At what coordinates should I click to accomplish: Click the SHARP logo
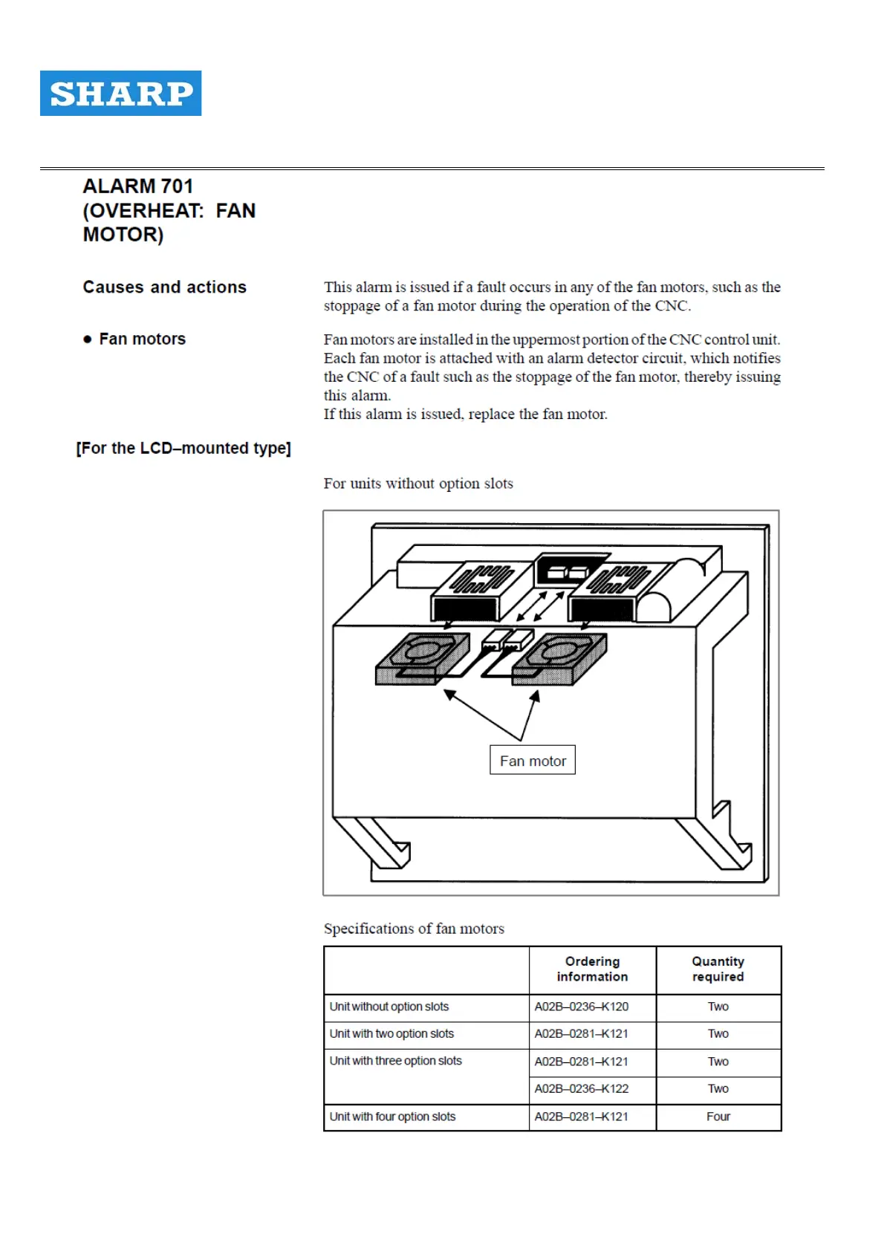pyautogui.click(x=120, y=93)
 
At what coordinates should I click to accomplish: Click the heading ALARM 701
pyautogui.click(x=138, y=186)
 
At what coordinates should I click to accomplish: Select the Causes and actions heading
pyautogui.click(x=164, y=287)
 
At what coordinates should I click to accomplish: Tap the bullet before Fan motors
pyautogui.click(x=88, y=339)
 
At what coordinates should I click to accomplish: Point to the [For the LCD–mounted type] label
pyautogui.click(x=183, y=448)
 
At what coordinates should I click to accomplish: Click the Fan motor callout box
pyautogui.click(x=533, y=761)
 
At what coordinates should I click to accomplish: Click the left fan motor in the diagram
pyautogui.click(x=421, y=657)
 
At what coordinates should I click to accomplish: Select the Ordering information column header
pyautogui.click(x=592, y=969)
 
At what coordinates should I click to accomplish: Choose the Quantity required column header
pyautogui.click(x=718, y=969)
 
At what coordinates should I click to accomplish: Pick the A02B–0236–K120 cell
pyautogui.click(x=581, y=1007)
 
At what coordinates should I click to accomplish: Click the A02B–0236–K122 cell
pyautogui.click(x=581, y=1088)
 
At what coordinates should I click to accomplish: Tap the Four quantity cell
pyautogui.click(x=718, y=1117)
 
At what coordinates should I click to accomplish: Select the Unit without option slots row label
pyautogui.click(x=389, y=1007)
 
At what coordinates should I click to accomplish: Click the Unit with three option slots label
pyautogui.click(x=396, y=1061)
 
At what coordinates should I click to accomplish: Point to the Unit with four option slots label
pyautogui.click(x=392, y=1117)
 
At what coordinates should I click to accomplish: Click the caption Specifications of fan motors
pyautogui.click(x=414, y=929)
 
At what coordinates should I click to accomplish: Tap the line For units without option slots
pyautogui.click(x=418, y=484)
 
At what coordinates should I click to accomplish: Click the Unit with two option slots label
pyautogui.click(x=391, y=1033)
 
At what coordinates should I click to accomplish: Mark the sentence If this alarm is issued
pyautogui.click(x=465, y=415)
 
